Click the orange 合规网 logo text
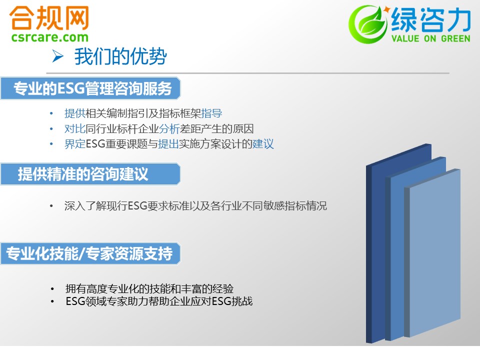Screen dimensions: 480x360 coord(49,18)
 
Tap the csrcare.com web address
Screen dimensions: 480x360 coord(50,37)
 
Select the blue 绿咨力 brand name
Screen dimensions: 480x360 coord(430,19)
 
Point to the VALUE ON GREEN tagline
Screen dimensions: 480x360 coord(430,38)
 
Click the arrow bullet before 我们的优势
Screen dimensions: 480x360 coord(57,56)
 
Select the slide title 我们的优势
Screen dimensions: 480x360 coord(120,56)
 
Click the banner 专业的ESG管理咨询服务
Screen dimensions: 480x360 coord(90,88)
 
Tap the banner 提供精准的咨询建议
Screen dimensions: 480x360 coord(90,174)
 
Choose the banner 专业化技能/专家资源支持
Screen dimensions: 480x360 coord(90,253)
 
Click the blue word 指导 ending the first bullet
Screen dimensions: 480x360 coord(211,113)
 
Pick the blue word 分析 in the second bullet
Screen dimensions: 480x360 coord(169,129)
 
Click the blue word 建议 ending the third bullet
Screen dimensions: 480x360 coord(263,144)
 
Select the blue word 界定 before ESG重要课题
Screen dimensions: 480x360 coord(75,144)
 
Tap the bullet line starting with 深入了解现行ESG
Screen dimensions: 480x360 coord(195,205)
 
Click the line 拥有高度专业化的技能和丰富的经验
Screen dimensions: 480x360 coord(149,288)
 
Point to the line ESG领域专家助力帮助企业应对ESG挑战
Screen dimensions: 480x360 coord(159,301)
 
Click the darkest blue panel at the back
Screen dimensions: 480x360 coord(376,245)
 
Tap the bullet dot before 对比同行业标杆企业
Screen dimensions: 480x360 coord(51,129)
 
